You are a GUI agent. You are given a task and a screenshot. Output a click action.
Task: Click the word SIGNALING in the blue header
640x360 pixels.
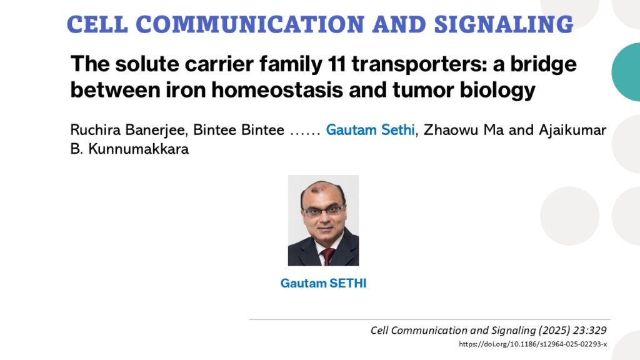point(504,24)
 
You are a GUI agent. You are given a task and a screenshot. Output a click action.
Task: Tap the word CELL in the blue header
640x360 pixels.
point(97,24)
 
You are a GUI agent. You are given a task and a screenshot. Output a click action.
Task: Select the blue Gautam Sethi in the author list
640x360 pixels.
point(370,130)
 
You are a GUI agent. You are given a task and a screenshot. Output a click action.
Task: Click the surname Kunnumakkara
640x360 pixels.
point(138,149)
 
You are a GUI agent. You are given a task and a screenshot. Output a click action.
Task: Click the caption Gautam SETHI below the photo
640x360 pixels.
point(323,283)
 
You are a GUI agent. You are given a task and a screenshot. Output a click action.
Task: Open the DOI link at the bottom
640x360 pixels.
point(532,344)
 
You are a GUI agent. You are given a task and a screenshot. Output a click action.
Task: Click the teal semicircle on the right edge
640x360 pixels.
point(626,72)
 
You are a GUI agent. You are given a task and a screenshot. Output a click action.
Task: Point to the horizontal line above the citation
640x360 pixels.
point(430,319)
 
